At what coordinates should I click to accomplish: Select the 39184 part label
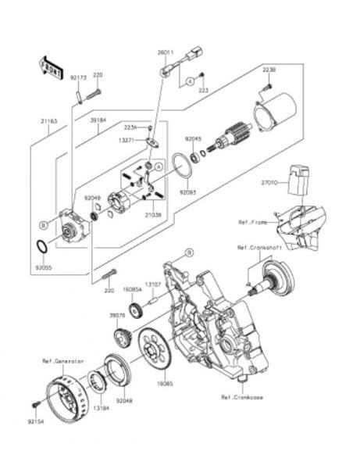click(x=98, y=121)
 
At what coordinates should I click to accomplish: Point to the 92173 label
click(x=77, y=78)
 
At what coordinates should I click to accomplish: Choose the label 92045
click(x=193, y=138)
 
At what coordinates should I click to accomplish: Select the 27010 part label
click(x=269, y=182)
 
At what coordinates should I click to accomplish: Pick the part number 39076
click(x=117, y=315)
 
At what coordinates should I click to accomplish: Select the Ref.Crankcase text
click(x=241, y=397)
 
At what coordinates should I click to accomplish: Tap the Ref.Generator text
click(x=63, y=361)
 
